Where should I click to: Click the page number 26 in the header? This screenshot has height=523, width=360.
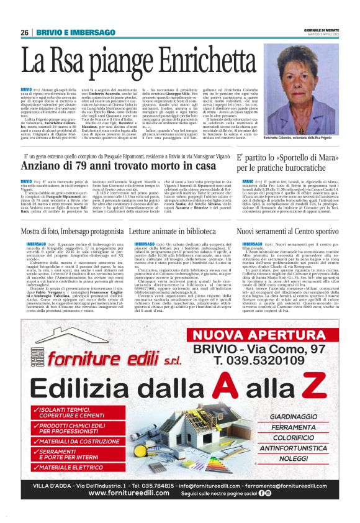tap(25, 32)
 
